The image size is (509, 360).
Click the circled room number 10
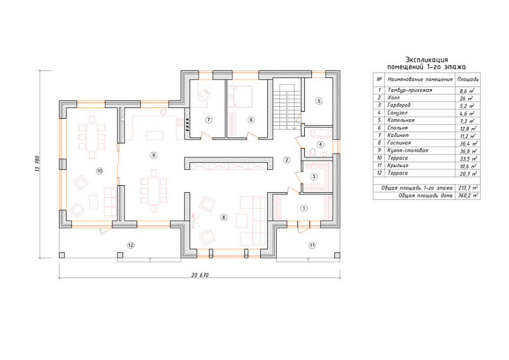click(99, 171)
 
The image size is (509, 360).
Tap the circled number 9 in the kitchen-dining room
click(153, 155)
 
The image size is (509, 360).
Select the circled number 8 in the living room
click(224, 217)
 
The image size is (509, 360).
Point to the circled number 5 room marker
click(318, 101)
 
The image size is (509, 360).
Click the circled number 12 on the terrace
click(130, 246)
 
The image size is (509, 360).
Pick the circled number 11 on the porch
click(312, 246)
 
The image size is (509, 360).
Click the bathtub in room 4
click(320, 133)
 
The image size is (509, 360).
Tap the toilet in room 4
click(313, 152)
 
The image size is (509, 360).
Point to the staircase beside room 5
click(286, 107)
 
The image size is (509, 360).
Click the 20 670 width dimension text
click(199, 275)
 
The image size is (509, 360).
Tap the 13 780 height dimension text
click(37, 163)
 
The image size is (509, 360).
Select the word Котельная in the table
click(401, 120)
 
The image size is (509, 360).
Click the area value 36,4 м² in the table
click(468, 143)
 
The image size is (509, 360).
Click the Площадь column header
click(468, 79)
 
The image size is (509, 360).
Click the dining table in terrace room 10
click(92, 136)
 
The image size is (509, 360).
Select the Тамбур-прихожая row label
click(410, 90)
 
